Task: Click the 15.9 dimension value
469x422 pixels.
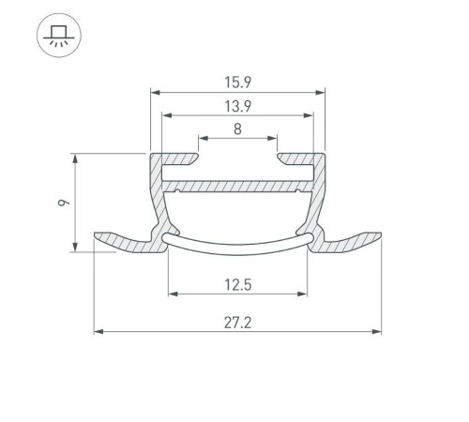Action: (238, 83)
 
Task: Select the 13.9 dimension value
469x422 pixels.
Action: (238, 106)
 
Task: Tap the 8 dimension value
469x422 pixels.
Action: (238, 130)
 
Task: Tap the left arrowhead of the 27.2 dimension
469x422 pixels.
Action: (98, 331)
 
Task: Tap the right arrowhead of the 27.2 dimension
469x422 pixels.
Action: (379, 331)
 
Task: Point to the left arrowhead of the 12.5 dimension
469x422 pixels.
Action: (172, 294)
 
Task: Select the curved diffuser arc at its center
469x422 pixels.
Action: (238, 249)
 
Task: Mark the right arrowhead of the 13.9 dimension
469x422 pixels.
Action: (310, 116)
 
